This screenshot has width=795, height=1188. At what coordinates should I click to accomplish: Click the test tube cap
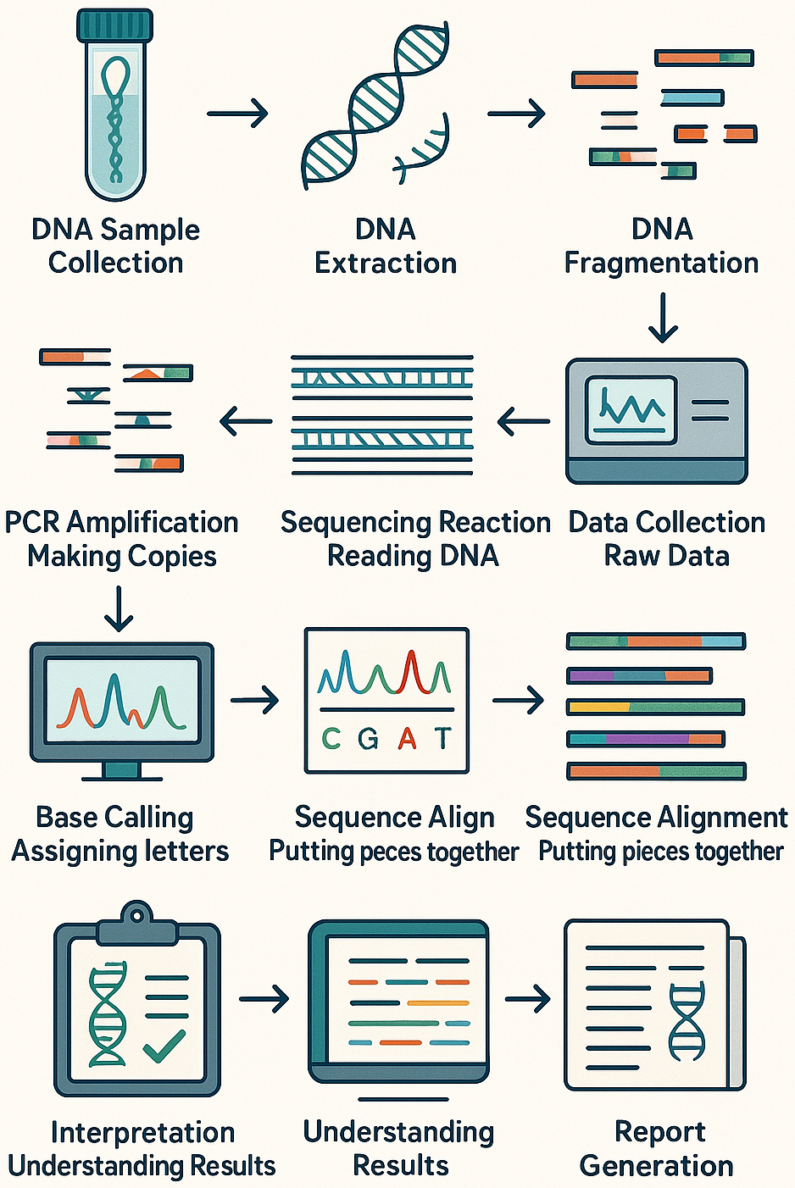coord(115,25)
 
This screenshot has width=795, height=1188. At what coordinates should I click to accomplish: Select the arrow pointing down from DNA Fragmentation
coord(663,318)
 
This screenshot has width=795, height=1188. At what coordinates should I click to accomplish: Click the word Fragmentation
coord(661,264)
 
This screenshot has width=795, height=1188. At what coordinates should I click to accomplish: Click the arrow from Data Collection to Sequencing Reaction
coord(523,421)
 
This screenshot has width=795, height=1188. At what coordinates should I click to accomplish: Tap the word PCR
coord(33,523)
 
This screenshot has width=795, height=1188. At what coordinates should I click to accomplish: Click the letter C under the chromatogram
coord(331,740)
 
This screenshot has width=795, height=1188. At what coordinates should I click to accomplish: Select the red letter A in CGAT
coord(407,740)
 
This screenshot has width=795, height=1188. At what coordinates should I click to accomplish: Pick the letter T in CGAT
coord(442,739)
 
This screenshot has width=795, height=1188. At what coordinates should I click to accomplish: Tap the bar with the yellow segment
coord(655,707)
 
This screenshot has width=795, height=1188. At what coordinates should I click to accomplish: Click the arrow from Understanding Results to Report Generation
coord(527,999)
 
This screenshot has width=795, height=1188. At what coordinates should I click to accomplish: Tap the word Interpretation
coord(142,1133)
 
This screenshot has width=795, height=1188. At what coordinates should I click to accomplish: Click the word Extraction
coord(386,264)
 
